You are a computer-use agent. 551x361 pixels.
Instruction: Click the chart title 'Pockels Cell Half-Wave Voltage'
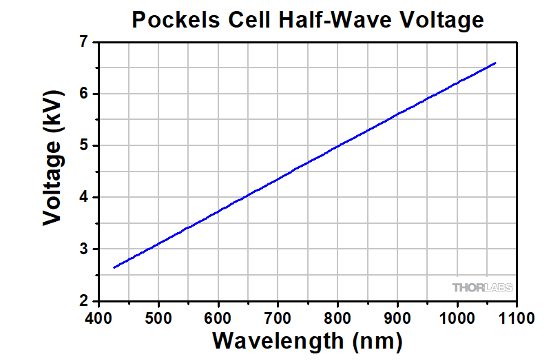coord(308,20)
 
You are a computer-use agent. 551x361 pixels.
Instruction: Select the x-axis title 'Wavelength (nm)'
coord(307,340)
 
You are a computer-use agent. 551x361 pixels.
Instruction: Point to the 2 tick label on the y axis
coord(85,301)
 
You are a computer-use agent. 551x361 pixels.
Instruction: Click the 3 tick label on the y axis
coord(85,249)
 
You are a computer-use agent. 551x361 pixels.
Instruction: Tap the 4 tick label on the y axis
coord(85,198)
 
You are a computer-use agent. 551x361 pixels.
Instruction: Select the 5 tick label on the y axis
coord(85,146)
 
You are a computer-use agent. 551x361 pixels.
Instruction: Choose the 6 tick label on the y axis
coord(85,94)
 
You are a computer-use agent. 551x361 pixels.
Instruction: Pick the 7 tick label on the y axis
coord(85,43)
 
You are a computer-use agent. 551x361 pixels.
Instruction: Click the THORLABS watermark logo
coord(482,287)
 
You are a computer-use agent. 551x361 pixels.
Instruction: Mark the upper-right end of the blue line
coord(495,63)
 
